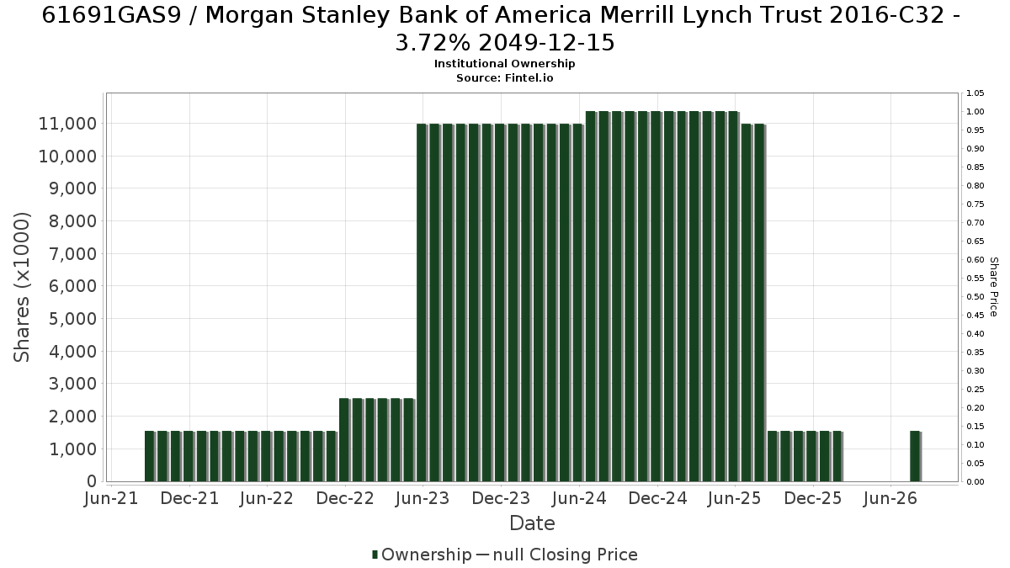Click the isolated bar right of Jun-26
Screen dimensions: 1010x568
click(x=916, y=456)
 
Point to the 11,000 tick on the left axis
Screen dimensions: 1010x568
click(x=67, y=124)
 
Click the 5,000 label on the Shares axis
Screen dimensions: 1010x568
click(x=72, y=319)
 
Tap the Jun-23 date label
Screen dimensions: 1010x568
click(x=423, y=498)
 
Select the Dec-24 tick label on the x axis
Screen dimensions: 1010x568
click(x=657, y=498)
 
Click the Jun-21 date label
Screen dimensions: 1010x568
click(x=111, y=498)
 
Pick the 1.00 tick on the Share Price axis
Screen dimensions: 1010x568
click(x=975, y=112)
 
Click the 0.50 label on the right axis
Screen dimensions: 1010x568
click(x=975, y=296)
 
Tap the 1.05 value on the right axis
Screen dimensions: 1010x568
click(x=975, y=93)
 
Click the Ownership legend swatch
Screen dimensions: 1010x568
click(x=375, y=555)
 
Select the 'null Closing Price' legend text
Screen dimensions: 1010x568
click(x=566, y=555)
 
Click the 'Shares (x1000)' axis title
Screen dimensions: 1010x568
click(x=21, y=287)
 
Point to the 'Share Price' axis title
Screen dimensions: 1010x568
click(x=993, y=287)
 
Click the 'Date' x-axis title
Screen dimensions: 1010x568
click(x=532, y=523)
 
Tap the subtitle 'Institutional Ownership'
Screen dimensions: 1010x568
click(x=504, y=64)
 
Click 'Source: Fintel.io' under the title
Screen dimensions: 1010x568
click(x=504, y=78)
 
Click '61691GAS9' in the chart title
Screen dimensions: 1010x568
click(x=111, y=15)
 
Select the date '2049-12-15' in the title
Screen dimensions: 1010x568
click(x=546, y=43)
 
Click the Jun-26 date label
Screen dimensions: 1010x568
click(x=890, y=498)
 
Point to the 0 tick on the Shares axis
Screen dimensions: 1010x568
click(x=92, y=481)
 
